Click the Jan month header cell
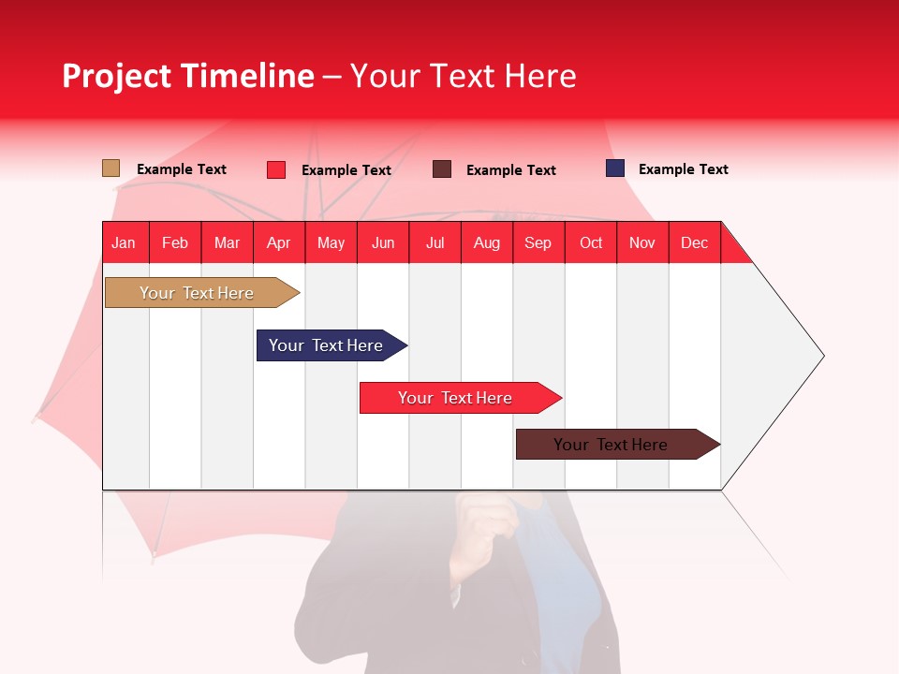tap(125, 242)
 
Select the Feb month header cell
tap(175, 242)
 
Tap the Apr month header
tap(279, 242)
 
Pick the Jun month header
tap(383, 242)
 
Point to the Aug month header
tap(487, 242)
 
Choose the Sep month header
tap(538, 242)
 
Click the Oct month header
tap(591, 242)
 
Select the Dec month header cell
tap(695, 242)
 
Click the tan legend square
tap(111, 168)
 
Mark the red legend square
tap(276, 169)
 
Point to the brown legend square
tap(442, 169)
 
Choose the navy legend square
tap(615, 168)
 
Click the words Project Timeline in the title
tap(188, 76)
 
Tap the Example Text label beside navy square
tap(683, 169)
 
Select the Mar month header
tap(227, 242)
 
